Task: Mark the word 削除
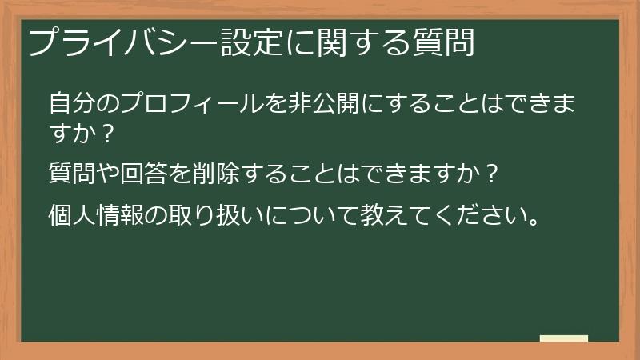tap(215, 173)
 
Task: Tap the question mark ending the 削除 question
tap(493, 174)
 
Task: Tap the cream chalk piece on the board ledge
tap(563, 338)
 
